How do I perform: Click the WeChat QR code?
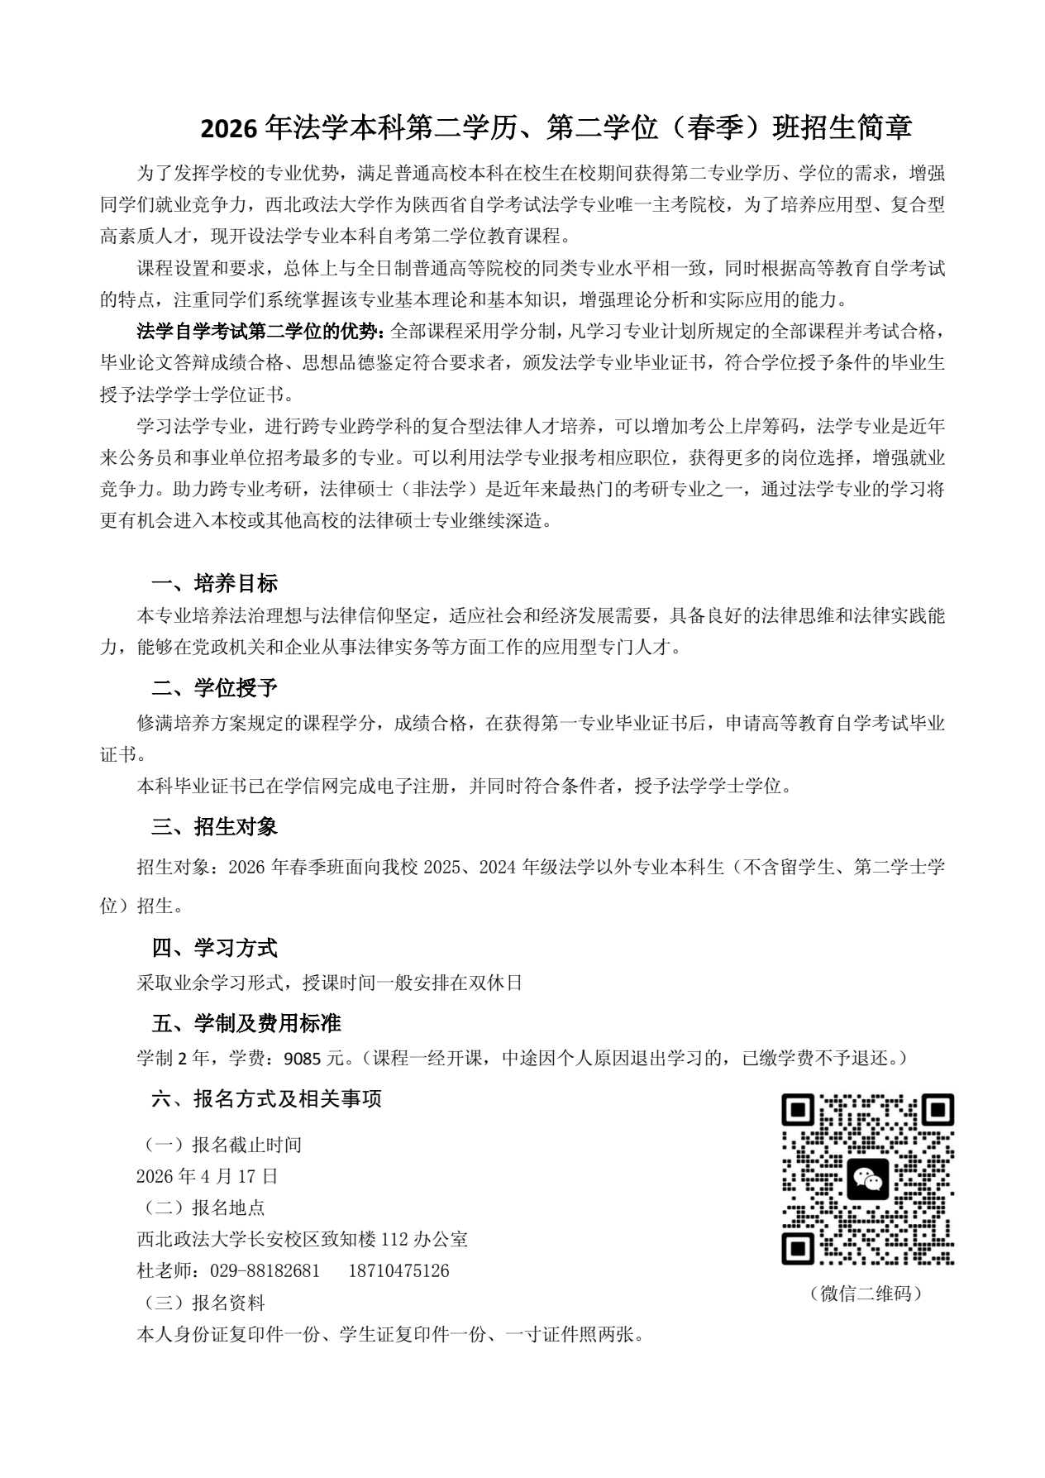pos(867,1179)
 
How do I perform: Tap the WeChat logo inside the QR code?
pos(867,1179)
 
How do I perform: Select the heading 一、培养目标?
pos(215,583)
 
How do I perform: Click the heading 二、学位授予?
pos(215,687)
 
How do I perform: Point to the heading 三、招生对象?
pos(215,826)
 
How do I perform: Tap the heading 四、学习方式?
pos(215,947)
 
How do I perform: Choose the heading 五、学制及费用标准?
pos(246,1023)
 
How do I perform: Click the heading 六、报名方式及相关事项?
pos(267,1098)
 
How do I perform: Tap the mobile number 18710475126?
pos(399,1270)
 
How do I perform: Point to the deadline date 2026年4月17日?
pos(208,1176)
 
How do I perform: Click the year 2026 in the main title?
pos(230,127)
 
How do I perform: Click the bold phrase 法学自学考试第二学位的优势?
pos(259,332)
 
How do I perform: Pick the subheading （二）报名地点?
pos(201,1208)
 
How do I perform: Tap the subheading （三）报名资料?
pos(201,1303)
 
